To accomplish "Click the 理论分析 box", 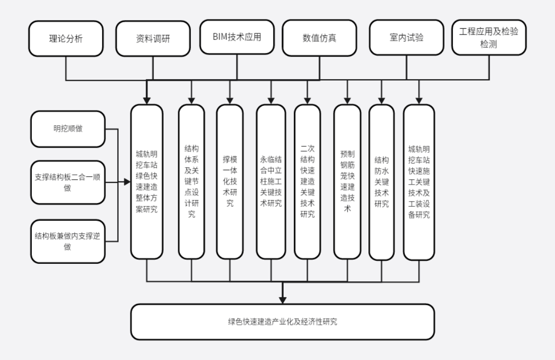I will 66,39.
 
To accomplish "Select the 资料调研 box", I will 153,39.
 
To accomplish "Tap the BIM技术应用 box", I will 237,37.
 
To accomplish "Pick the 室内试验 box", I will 406,38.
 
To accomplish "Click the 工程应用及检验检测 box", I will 489,38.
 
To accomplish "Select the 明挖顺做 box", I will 68,129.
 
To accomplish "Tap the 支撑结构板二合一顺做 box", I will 68,182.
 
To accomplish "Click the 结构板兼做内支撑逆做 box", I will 68,241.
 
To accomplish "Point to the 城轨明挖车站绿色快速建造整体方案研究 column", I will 147,182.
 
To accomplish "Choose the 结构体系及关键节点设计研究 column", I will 192,182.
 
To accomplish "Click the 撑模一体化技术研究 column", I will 230,182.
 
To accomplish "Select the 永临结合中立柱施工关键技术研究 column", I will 271,182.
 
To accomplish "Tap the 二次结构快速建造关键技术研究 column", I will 307,182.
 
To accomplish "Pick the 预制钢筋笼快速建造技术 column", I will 347,182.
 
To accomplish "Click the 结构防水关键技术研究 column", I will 382,182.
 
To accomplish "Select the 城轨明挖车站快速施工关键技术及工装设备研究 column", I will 419,182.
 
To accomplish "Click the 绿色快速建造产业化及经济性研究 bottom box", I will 283,322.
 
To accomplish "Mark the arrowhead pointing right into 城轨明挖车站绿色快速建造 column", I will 127,182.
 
